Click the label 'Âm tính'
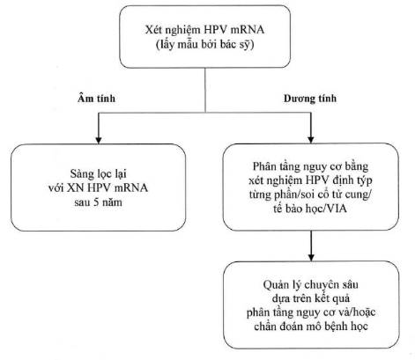[96, 98]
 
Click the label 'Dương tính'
[310, 98]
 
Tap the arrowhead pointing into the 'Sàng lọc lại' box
[99, 140]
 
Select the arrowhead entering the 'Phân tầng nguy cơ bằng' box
[311, 139]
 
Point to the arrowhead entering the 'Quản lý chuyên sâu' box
[311, 257]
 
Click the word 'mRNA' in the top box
[248, 30]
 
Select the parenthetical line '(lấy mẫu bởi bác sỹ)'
[204, 44]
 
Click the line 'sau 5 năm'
[98, 202]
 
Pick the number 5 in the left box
[96, 202]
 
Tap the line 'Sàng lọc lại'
[98, 174]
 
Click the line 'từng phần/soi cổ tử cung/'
[310, 195]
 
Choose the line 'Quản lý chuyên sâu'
[310, 285]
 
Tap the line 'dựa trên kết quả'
[311, 298]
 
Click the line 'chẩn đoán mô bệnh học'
[311, 327]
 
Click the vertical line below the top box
[205, 90]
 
